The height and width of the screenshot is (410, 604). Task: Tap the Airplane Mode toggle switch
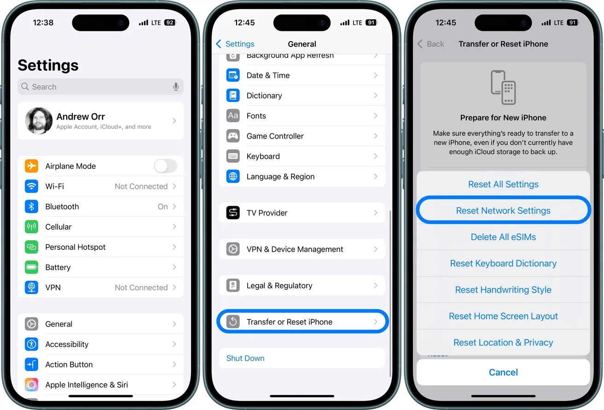pyautogui.click(x=165, y=166)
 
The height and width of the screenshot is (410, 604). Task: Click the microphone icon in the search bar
pyautogui.click(x=176, y=87)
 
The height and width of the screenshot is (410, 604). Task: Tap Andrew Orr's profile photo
pyautogui.click(x=39, y=121)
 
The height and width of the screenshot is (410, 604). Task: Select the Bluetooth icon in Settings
pyautogui.click(x=31, y=207)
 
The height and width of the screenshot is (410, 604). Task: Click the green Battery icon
pyautogui.click(x=31, y=267)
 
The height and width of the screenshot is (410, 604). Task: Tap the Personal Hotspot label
pyautogui.click(x=75, y=247)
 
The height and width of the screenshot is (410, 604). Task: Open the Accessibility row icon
pyautogui.click(x=31, y=344)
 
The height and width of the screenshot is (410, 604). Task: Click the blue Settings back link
pyautogui.click(x=235, y=44)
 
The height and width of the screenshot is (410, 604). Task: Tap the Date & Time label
pyautogui.click(x=268, y=75)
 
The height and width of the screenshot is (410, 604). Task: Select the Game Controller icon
pyautogui.click(x=233, y=136)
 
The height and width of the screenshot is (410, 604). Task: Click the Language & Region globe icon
pyautogui.click(x=233, y=177)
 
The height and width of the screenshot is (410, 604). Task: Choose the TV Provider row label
pyautogui.click(x=267, y=213)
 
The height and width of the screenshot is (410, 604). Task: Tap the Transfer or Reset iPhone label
pyautogui.click(x=289, y=322)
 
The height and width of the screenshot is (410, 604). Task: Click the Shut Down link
pyautogui.click(x=245, y=358)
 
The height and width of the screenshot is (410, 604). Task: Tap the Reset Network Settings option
pyautogui.click(x=503, y=211)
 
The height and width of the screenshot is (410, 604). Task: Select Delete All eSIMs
pyautogui.click(x=503, y=237)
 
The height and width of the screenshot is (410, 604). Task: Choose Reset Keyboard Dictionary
pyautogui.click(x=503, y=264)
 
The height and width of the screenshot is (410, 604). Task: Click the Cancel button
pyautogui.click(x=503, y=372)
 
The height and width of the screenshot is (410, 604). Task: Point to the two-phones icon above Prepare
pyautogui.click(x=503, y=87)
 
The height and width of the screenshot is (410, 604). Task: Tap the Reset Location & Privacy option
pyautogui.click(x=503, y=342)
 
